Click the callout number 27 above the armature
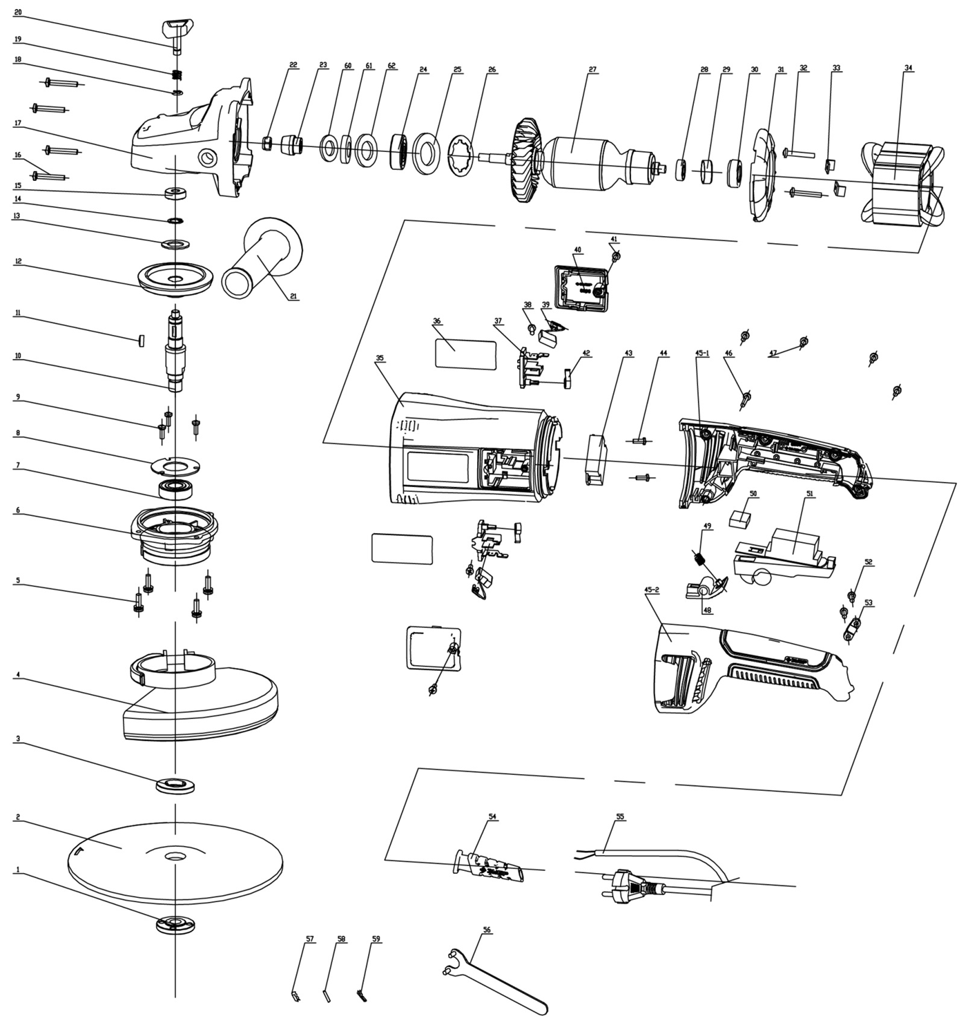pos(592,69)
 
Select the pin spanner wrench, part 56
pos(495,979)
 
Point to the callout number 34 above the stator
pos(909,68)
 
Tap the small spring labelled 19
pos(177,75)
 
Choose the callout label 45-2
pos(652,589)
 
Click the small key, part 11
pos(142,341)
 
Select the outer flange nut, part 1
pos(175,924)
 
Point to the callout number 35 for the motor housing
pos(380,358)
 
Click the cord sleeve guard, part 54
pos(489,867)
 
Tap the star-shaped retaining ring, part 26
pos(461,155)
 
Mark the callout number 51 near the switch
pos(810,493)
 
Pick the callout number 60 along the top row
pos(348,66)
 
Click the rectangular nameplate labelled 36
pos(465,354)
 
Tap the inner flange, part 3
pos(175,785)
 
